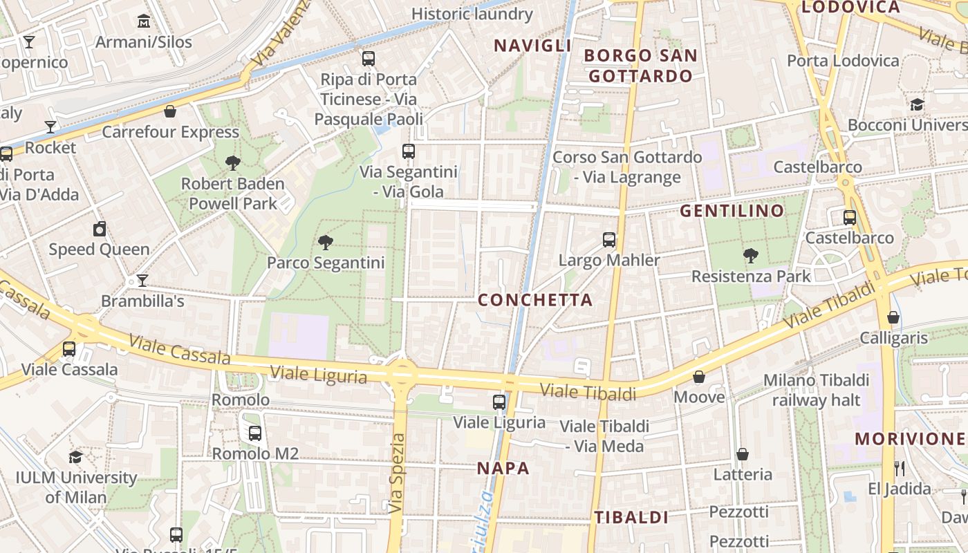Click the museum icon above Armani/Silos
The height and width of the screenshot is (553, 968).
click(144, 21)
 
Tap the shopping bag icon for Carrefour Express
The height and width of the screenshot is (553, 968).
click(170, 111)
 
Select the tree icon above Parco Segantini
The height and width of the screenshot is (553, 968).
click(326, 242)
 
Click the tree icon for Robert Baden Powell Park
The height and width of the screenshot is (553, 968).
click(233, 163)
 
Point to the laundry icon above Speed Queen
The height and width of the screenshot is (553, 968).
click(100, 229)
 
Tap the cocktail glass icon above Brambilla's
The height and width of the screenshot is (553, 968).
click(142, 281)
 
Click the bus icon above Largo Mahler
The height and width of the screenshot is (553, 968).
click(608, 240)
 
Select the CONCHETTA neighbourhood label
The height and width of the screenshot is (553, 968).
click(535, 300)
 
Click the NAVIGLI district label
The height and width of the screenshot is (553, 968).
click(532, 46)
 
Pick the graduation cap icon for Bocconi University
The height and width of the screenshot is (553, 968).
click(917, 104)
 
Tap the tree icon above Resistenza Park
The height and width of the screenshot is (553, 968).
click(751, 256)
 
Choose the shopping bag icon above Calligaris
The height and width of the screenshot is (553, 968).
click(893, 317)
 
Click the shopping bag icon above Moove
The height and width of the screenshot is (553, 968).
click(699, 377)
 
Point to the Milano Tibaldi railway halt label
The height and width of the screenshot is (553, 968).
click(816, 390)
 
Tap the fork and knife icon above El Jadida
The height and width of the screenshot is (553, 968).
click(900, 468)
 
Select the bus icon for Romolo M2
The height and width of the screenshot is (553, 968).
click(255, 433)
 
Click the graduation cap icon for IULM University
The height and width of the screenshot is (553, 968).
click(76, 457)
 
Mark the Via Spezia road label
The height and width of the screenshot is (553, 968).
click(396, 474)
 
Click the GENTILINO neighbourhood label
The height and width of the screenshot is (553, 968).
click(732, 211)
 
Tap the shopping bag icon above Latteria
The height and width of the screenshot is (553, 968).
click(743, 454)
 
